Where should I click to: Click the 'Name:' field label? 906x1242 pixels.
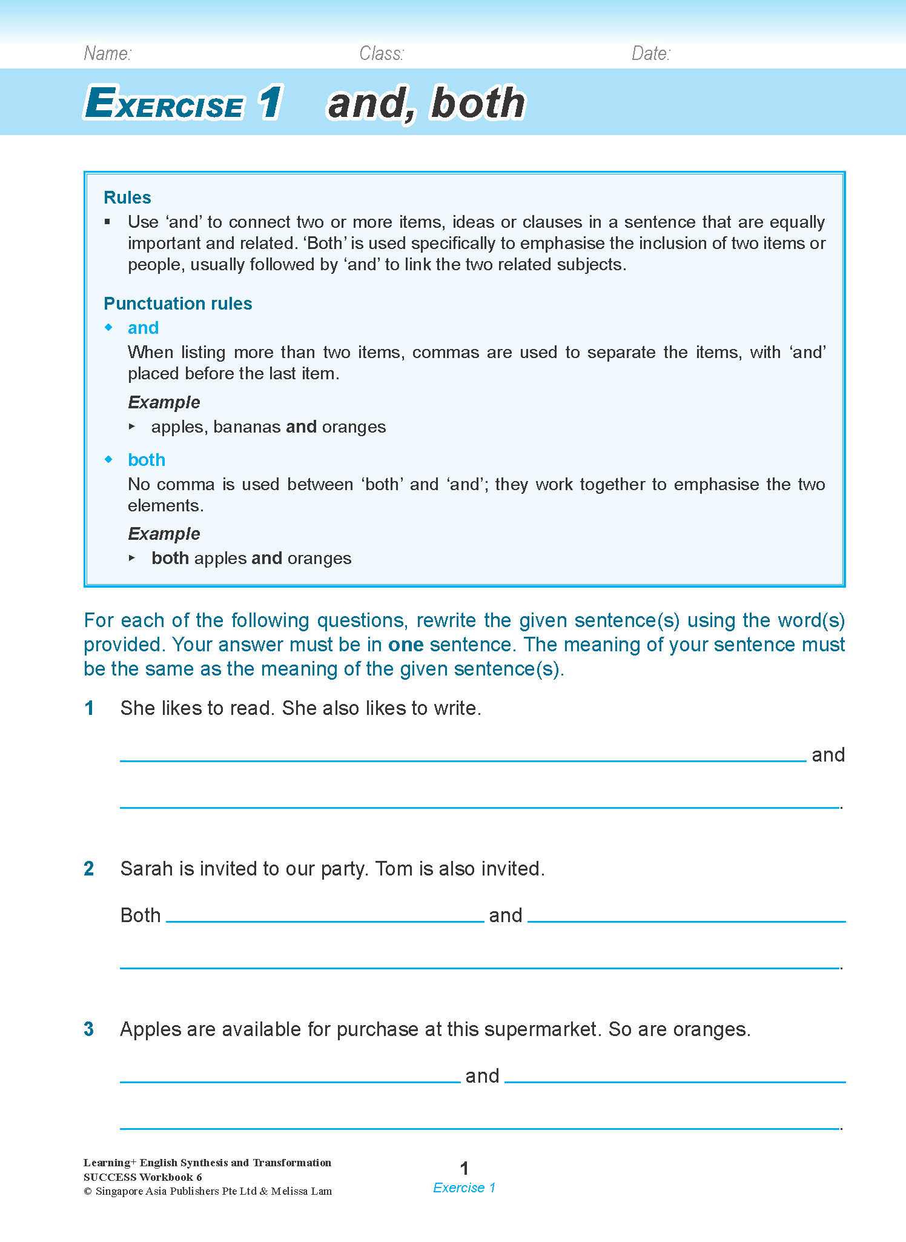(107, 54)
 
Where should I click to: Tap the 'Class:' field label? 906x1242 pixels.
(381, 54)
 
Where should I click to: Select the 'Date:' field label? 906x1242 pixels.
(650, 54)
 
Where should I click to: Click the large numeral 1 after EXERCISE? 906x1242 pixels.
(269, 102)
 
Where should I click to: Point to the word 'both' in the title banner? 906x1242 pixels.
(478, 103)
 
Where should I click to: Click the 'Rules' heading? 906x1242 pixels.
(127, 198)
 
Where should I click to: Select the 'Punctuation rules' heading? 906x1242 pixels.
(177, 304)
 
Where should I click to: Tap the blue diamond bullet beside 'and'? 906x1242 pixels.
(109, 328)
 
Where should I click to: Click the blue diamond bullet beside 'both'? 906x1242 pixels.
(109, 460)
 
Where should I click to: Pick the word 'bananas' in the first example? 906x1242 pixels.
(246, 427)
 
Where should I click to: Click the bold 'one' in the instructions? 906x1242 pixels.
(405, 645)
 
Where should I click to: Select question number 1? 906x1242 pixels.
(89, 708)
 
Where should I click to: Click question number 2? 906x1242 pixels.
(89, 869)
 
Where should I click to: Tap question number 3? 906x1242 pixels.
(89, 1029)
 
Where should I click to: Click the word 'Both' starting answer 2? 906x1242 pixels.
(140, 915)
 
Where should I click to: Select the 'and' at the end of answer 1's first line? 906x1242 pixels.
(828, 755)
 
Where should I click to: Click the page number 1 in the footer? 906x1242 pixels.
(465, 1168)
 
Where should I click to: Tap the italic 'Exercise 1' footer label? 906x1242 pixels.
(465, 1188)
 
